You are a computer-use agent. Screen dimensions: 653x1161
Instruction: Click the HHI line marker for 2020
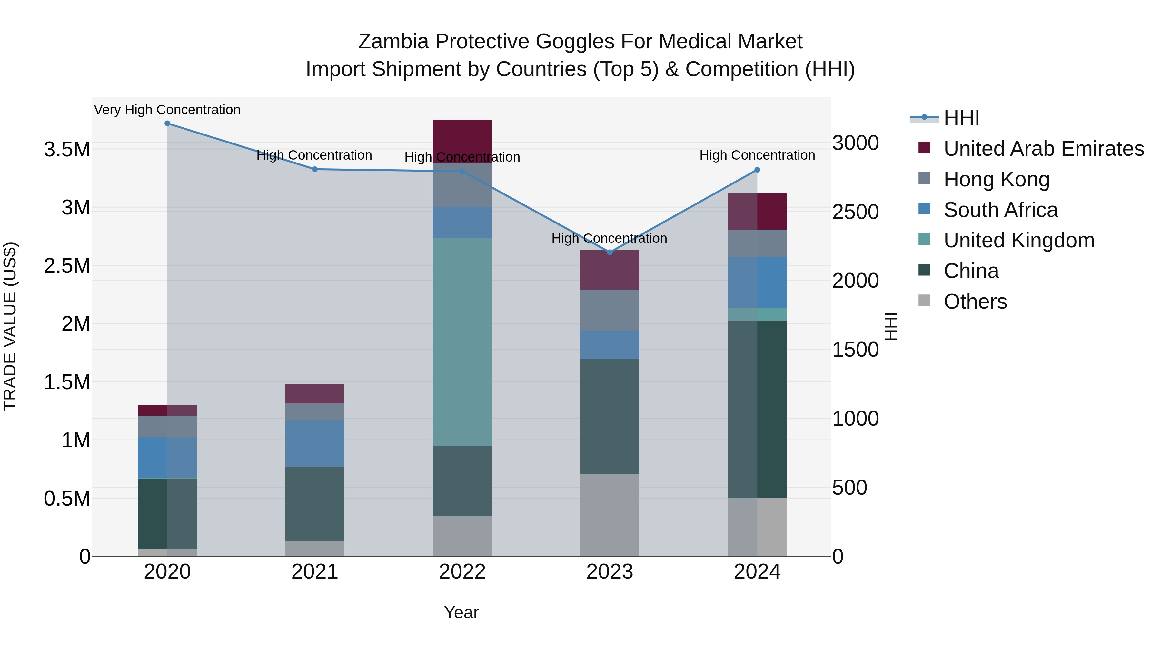click(x=167, y=124)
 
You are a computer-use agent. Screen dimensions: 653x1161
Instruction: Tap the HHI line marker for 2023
click(x=610, y=252)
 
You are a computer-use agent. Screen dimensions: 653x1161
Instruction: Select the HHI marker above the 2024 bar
click(x=757, y=170)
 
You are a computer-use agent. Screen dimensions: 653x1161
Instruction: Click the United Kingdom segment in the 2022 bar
click(x=462, y=342)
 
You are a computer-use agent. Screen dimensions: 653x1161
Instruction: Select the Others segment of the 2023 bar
click(x=610, y=515)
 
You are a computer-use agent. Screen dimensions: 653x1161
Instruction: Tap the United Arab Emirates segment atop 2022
click(x=462, y=135)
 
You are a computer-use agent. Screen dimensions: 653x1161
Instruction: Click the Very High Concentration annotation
click(x=167, y=110)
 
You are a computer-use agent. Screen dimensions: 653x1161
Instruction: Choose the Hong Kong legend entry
click(x=996, y=179)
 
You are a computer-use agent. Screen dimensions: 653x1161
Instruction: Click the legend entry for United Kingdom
click(x=1018, y=240)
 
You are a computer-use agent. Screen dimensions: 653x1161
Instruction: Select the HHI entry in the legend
click(x=961, y=118)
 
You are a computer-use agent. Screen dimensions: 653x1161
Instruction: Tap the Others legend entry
click(x=975, y=302)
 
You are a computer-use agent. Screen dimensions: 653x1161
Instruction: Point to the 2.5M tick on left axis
click(x=67, y=266)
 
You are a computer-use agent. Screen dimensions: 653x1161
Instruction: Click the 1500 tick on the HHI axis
click(x=855, y=350)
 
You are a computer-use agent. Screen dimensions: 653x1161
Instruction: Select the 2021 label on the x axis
click(x=314, y=572)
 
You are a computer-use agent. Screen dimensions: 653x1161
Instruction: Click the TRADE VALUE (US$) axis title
click(x=10, y=326)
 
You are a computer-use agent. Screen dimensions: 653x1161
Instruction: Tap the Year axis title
click(x=461, y=612)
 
